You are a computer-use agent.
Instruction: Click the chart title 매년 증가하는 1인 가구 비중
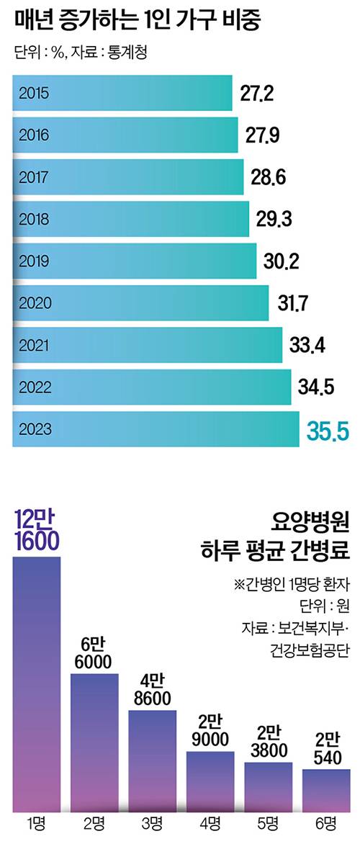click(x=137, y=21)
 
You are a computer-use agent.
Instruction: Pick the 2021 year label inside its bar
click(x=34, y=346)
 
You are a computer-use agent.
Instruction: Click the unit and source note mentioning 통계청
click(x=80, y=54)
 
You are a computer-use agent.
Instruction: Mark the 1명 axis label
click(x=37, y=823)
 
